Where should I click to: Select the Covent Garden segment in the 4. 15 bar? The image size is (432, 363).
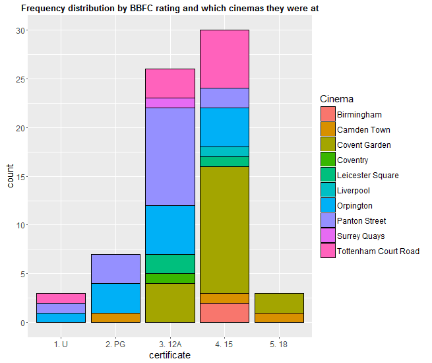[x=224, y=230]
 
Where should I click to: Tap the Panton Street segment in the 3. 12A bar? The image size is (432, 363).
[x=170, y=156]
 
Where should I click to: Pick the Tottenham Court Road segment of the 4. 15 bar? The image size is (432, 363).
[x=224, y=59]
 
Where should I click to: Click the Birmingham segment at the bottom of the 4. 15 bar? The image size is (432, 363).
[x=224, y=312]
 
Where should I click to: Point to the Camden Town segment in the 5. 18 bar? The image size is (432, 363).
[x=279, y=317]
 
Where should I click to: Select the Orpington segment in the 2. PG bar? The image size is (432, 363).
[x=115, y=298]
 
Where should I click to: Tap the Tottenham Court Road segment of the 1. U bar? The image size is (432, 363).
[x=61, y=298]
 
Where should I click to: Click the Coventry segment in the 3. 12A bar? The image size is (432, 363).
[x=170, y=278]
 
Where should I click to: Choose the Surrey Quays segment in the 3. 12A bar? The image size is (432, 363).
[x=170, y=102]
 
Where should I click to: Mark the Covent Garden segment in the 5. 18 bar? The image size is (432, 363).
[x=279, y=303]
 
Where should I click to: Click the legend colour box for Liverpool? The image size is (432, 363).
[x=328, y=191]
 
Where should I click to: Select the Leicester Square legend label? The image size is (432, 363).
[x=367, y=176]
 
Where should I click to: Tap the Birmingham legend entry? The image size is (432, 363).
[x=359, y=115]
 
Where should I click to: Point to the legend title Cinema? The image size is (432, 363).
[x=336, y=99]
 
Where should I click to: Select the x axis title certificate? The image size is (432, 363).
[x=170, y=356]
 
